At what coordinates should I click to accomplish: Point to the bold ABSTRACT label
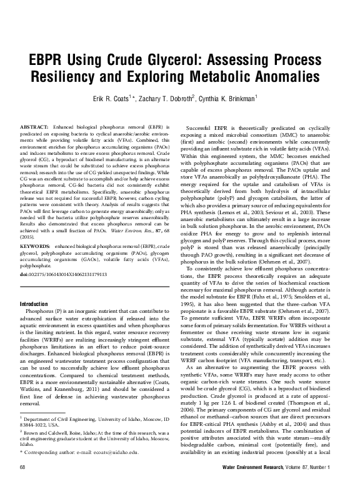pos(34,127)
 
